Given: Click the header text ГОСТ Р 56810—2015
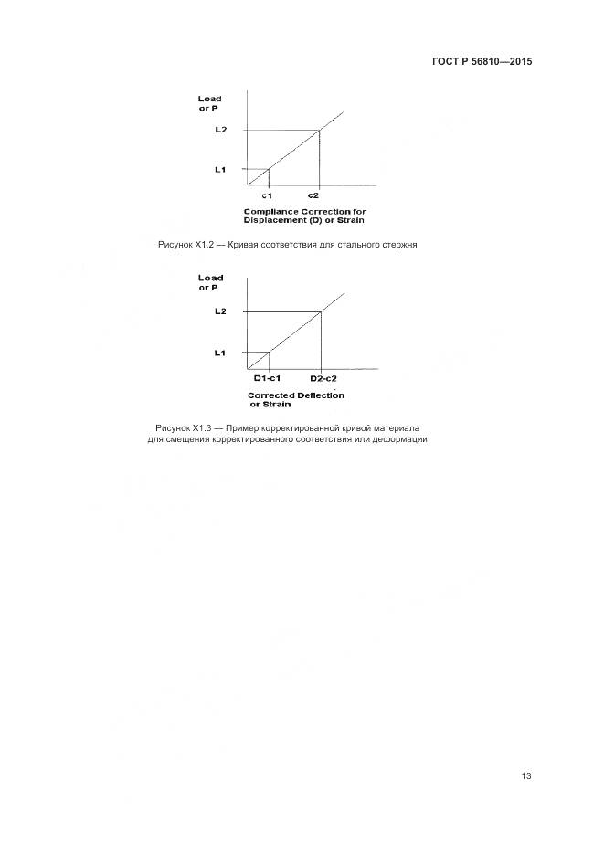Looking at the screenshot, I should [x=482, y=62].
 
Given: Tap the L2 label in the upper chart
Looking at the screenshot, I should [x=220, y=130].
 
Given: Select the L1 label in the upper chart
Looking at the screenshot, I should [x=220, y=169].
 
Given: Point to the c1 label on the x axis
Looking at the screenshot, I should [x=267, y=195].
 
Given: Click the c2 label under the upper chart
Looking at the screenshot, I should [x=313, y=195].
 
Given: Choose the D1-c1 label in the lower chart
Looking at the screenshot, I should [x=266, y=378].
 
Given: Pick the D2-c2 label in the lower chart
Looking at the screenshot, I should [x=323, y=378].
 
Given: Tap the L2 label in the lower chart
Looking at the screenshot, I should [x=219, y=312].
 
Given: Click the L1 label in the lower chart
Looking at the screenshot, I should [x=219, y=353].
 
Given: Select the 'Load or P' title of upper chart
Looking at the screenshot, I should [x=210, y=103].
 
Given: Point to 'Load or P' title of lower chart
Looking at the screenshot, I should [x=210, y=282].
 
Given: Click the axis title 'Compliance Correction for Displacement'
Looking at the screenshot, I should [x=304, y=216].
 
